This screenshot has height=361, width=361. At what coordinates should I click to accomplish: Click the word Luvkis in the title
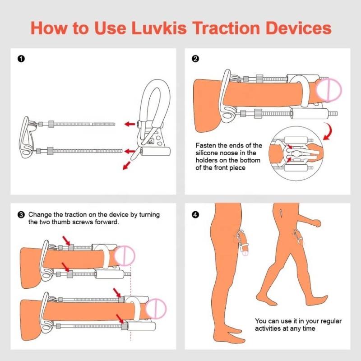coord(160,28)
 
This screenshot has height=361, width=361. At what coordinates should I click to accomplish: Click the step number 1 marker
coord(20,59)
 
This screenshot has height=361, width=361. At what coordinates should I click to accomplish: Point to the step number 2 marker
coord(195,59)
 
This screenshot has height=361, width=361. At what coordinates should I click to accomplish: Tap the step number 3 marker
coord(20,215)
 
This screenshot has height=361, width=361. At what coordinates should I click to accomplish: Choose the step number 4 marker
coord(195,215)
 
